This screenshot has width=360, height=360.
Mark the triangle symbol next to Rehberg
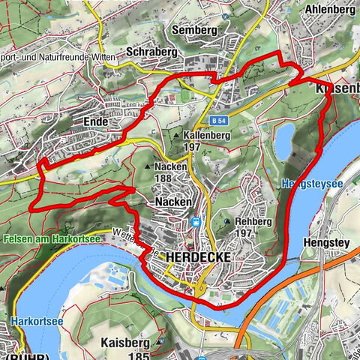(227, 222)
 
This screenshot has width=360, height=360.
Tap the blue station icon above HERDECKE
(196, 222)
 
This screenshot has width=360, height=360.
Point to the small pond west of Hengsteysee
(285, 139)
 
